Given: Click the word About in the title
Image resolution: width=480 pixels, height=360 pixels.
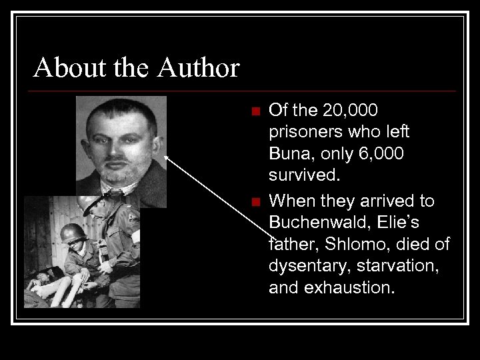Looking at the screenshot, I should [60, 68].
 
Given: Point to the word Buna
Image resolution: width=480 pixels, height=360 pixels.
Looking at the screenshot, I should [291, 154].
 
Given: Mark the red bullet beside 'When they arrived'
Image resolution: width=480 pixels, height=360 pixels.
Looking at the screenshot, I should [253, 201].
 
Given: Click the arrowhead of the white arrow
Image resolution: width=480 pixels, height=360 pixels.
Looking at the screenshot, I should [166, 158].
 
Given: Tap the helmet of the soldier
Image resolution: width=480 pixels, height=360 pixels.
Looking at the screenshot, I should [73, 233].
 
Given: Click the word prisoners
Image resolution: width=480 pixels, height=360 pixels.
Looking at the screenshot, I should [306, 132].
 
